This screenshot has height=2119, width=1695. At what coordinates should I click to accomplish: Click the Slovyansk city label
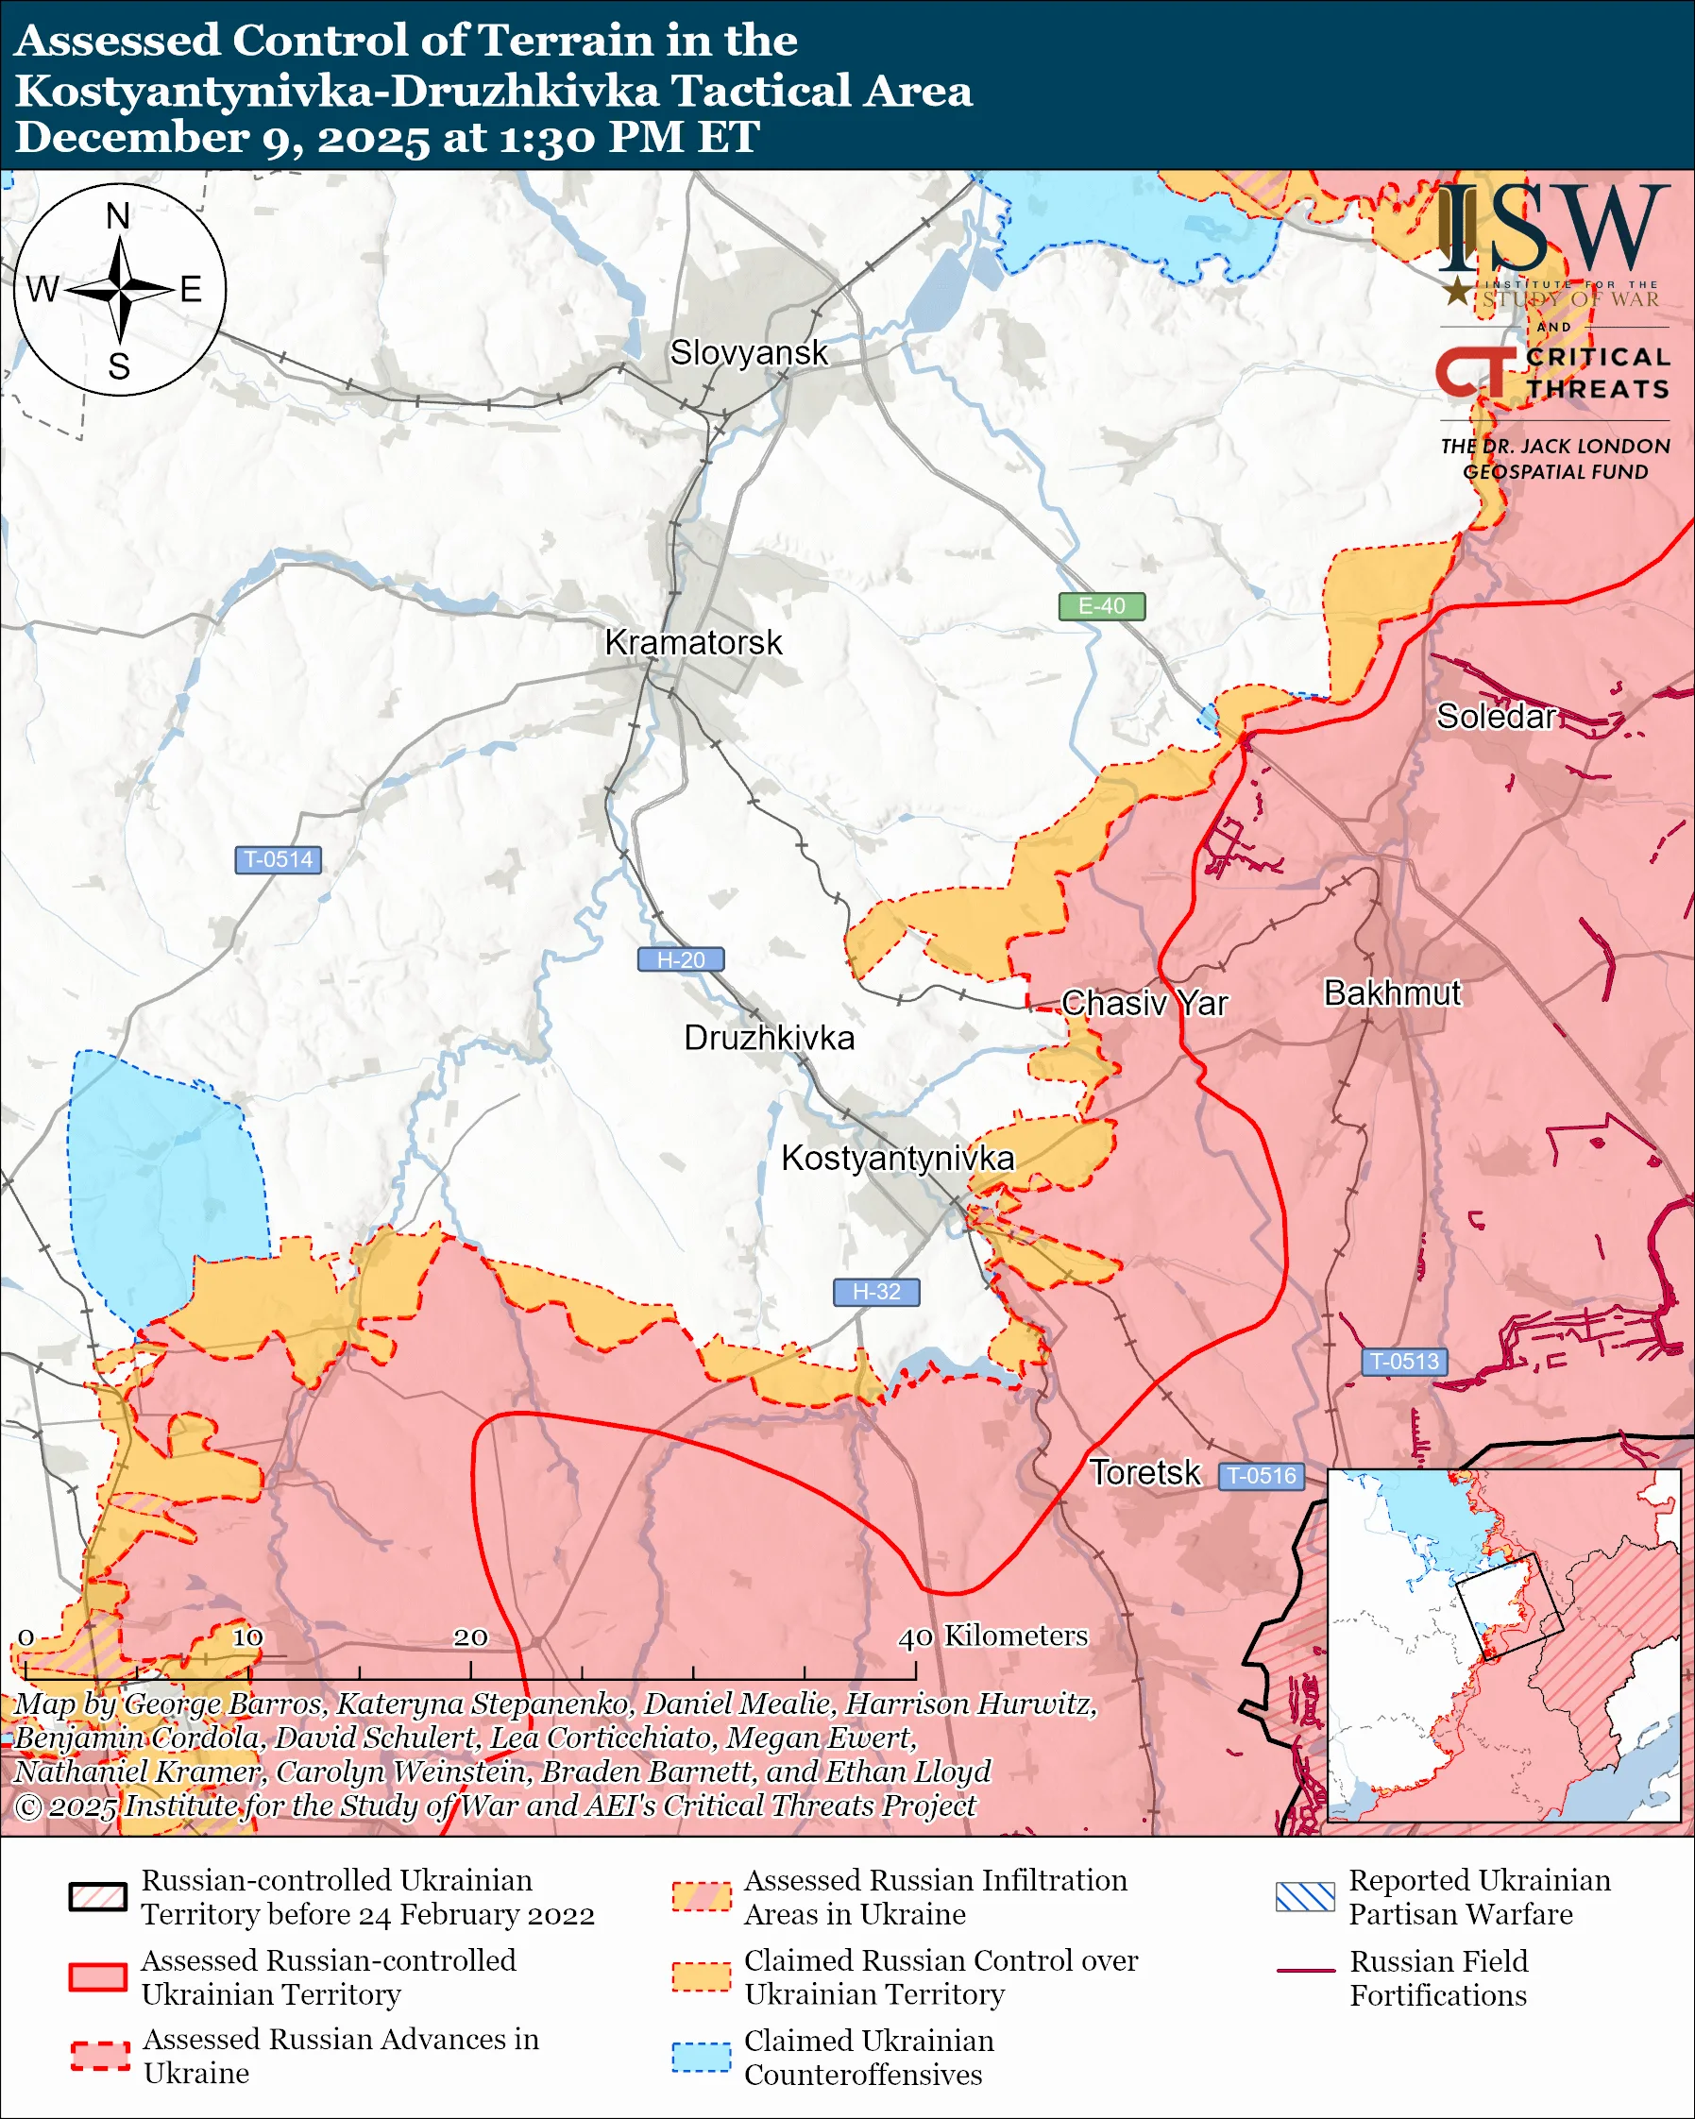click(749, 353)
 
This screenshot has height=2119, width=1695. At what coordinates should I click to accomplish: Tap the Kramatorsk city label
click(693, 643)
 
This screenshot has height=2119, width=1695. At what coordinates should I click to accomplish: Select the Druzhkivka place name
click(769, 1038)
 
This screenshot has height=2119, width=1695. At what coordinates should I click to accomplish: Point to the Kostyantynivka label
click(897, 1158)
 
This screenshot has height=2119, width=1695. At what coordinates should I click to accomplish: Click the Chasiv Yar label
click(1144, 1004)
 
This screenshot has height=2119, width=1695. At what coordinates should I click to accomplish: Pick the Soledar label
click(1496, 717)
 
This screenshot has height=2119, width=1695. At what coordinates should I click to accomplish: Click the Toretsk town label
click(1144, 1472)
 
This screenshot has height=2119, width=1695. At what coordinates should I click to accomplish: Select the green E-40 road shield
click(1101, 606)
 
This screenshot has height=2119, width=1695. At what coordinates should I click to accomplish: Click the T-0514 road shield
click(278, 859)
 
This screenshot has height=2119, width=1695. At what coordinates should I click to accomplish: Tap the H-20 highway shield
click(681, 959)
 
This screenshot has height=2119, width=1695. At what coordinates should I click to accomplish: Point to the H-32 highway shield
click(875, 1292)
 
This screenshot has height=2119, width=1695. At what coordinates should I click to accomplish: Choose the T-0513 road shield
click(1403, 1362)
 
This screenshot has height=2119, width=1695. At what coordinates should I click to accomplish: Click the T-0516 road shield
click(1262, 1475)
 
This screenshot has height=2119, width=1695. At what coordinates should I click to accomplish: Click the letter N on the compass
click(118, 216)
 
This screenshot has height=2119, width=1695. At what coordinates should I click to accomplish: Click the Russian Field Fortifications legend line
click(1305, 1971)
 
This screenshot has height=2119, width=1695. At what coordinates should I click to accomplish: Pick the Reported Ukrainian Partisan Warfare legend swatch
click(1305, 1897)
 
